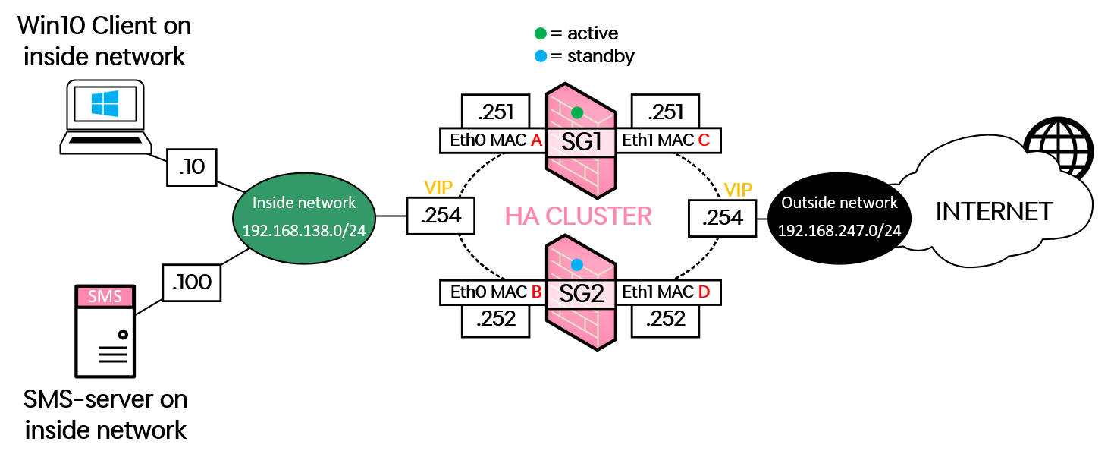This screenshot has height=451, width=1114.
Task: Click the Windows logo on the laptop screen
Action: [x=105, y=104]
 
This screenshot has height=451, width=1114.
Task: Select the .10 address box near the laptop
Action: [x=191, y=166]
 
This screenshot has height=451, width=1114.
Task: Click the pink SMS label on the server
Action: [x=105, y=296]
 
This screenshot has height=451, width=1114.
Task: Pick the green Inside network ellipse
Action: [x=304, y=216]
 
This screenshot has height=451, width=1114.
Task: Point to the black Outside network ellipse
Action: [x=839, y=216]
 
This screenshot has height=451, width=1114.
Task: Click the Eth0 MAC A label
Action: [x=494, y=140]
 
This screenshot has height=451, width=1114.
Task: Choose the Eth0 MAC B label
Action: [x=494, y=292]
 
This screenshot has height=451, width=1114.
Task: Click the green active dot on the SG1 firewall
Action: [x=577, y=112]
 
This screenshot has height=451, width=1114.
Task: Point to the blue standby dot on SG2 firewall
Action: [x=577, y=265]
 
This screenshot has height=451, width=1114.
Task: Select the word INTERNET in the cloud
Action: [x=994, y=211]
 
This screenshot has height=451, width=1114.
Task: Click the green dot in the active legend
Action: [x=539, y=33]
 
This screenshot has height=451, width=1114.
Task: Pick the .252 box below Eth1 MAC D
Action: [x=665, y=320]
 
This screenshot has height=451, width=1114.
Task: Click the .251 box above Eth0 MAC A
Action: [x=496, y=112]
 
